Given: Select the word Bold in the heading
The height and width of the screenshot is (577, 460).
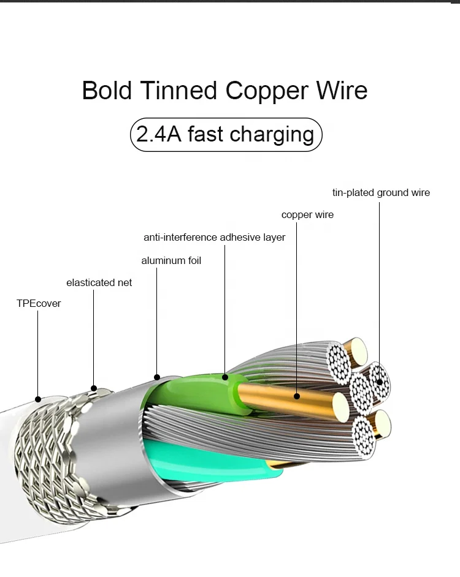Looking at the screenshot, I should (107, 91).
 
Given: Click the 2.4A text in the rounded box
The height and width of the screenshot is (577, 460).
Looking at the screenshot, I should (158, 134).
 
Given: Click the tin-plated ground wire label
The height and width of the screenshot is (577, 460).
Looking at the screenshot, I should (381, 192).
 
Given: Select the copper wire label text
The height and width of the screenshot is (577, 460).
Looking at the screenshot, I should (307, 215).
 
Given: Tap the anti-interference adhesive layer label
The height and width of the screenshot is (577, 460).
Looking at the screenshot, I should (214, 237).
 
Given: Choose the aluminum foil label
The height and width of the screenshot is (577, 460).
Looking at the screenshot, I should (171, 260).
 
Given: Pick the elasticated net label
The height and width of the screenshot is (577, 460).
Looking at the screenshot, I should (99, 282).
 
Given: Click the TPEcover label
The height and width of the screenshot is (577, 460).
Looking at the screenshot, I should (39, 303).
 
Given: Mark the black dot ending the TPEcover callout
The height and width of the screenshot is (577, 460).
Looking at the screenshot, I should (38, 399).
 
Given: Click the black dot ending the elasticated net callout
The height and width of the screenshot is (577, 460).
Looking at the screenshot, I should (94, 388).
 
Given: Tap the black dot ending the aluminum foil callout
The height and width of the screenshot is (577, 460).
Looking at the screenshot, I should (157, 377).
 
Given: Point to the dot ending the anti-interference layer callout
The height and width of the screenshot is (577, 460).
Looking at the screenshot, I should (225, 377).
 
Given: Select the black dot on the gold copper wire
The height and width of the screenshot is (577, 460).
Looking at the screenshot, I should (297, 396).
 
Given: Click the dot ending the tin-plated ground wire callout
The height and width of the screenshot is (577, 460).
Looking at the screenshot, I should (380, 382).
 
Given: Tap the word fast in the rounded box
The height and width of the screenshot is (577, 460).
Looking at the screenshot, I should (205, 134).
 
